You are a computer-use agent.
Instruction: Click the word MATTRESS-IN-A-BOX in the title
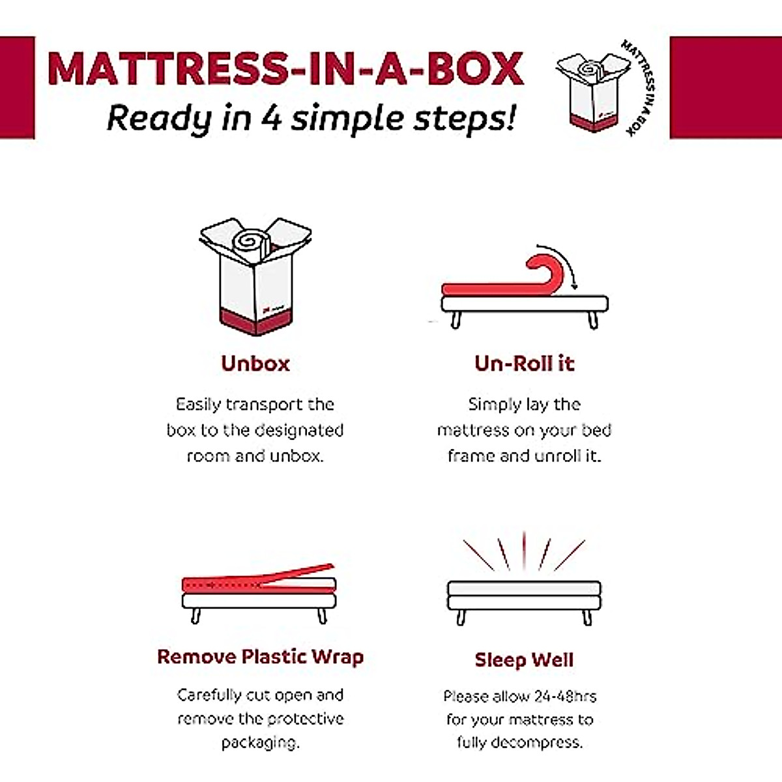click(x=285, y=68)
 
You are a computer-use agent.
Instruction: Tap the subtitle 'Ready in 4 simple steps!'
click(x=311, y=119)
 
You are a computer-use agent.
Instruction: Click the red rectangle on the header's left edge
click(x=17, y=87)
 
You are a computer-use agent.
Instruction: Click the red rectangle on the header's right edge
click(x=725, y=87)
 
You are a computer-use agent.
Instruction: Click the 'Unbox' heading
click(x=255, y=363)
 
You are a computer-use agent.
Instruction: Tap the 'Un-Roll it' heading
click(x=524, y=363)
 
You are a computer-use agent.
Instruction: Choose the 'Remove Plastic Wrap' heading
click(x=260, y=656)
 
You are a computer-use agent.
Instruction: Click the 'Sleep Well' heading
click(x=524, y=659)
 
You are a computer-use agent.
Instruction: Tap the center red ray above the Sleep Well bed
click(x=524, y=551)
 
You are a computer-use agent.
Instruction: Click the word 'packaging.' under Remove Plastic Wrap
click(x=260, y=742)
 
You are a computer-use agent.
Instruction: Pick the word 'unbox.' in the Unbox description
click(x=297, y=456)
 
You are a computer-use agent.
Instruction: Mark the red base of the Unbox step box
click(x=255, y=321)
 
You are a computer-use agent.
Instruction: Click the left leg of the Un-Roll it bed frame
click(x=456, y=320)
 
